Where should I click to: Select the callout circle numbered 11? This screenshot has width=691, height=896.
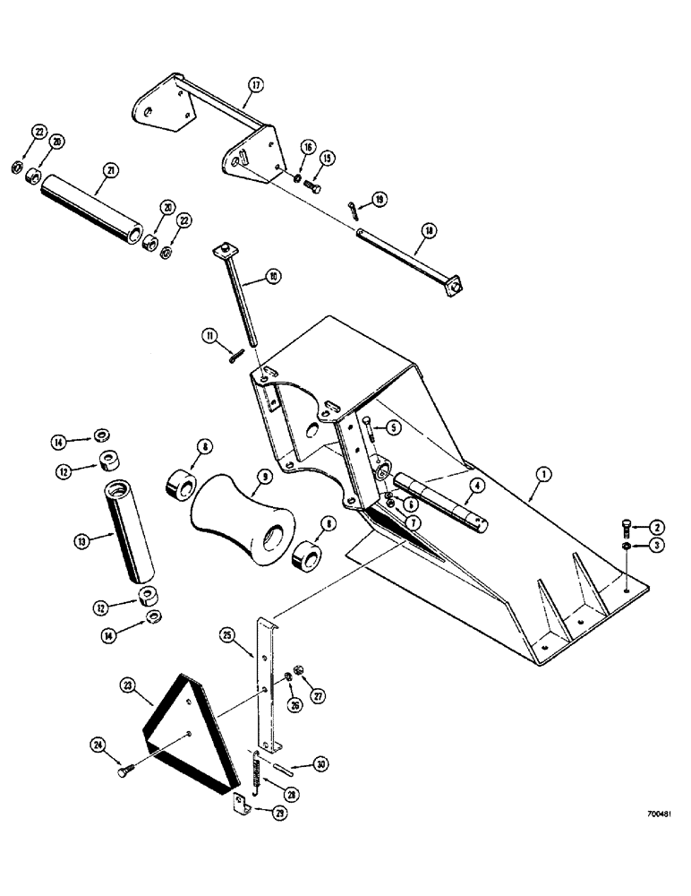pos(210,336)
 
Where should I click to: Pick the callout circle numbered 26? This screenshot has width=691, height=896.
pos(295,703)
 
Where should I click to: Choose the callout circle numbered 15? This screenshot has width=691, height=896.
pos(327,159)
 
